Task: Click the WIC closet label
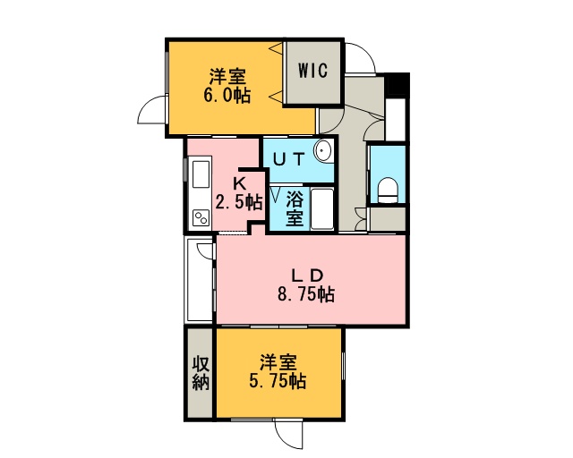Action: pos(312,71)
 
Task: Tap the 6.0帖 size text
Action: pos(227,96)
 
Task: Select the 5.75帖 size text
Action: pos(278,381)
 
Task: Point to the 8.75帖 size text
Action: pos(306,294)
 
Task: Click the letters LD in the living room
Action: pos(307,276)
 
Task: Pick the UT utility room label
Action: pos(288,159)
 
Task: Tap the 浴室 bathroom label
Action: pos(295,208)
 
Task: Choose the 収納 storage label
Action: pos(201,373)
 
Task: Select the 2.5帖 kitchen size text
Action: pos(239,202)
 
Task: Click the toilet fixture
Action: pos(388,190)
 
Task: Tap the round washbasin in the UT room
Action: pos(322,150)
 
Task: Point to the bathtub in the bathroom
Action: pos(322,209)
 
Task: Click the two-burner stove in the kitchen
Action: pos(201,218)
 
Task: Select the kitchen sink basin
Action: pos(201,174)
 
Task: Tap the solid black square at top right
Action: pos(397,85)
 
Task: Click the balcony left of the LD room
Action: pos(200,280)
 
